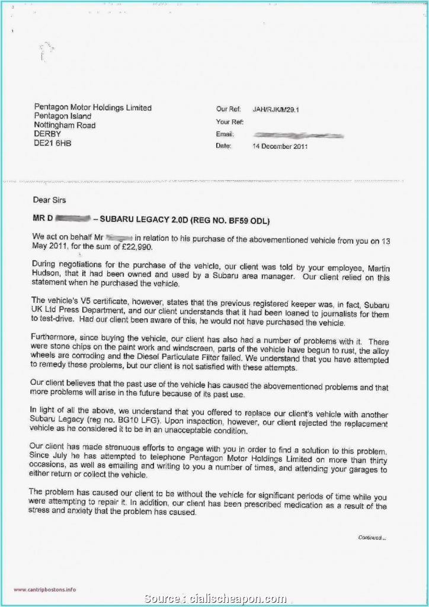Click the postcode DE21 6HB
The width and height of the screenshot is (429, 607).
point(52,144)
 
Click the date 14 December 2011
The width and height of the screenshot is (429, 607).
point(280,146)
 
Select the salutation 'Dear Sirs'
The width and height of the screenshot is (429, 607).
point(50,201)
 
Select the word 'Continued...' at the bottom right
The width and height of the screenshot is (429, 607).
point(372,538)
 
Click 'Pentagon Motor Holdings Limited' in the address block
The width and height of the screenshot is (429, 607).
point(92,108)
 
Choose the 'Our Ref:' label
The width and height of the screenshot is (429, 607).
point(228,110)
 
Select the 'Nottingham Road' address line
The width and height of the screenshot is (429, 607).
point(65,126)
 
